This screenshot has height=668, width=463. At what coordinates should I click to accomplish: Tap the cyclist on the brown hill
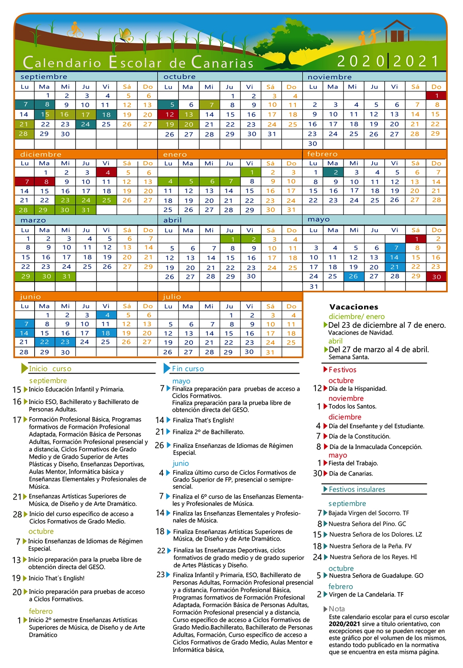(x=75, y=30)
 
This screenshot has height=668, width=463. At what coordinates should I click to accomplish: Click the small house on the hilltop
(x=397, y=31)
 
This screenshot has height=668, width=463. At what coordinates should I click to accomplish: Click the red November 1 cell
(x=436, y=96)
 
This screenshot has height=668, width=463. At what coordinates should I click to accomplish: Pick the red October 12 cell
(x=169, y=114)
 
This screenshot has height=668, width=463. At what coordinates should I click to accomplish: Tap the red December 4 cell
(x=107, y=173)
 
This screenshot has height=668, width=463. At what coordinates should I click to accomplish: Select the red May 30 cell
(x=436, y=276)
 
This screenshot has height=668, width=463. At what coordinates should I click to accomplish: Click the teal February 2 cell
(x=333, y=172)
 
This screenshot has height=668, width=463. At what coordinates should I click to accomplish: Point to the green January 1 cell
(x=250, y=172)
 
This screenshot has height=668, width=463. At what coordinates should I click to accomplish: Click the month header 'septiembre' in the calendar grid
(x=44, y=77)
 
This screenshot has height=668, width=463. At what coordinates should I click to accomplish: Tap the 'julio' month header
(x=172, y=296)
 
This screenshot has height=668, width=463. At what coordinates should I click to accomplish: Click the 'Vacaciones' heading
(x=354, y=307)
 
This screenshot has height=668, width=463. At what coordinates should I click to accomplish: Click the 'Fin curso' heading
(x=188, y=369)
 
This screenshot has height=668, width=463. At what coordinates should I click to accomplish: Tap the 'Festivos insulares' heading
(x=357, y=489)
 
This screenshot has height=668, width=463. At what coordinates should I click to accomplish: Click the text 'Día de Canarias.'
(x=350, y=474)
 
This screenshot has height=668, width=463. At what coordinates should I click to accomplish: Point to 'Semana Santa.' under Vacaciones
(x=348, y=357)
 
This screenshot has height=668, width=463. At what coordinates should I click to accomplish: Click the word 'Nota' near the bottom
(x=337, y=609)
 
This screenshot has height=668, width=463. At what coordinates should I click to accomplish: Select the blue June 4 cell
(x=107, y=315)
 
